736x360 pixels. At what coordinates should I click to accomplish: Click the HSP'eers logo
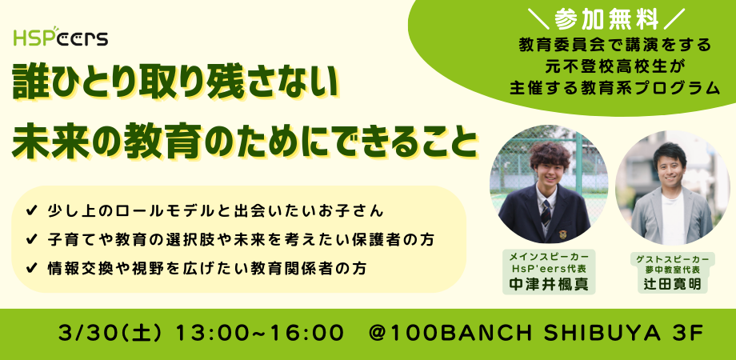[x=61, y=37]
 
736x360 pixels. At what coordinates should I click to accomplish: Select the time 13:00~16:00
[x=259, y=334]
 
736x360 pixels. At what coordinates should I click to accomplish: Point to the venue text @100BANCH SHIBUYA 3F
[x=536, y=334]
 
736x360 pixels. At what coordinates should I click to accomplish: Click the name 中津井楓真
[x=549, y=285]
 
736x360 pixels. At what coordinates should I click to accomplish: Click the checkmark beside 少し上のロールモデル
[x=32, y=211]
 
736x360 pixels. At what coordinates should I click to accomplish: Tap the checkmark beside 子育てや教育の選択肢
[x=32, y=240]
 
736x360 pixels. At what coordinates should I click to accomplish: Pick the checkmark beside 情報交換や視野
[x=32, y=269]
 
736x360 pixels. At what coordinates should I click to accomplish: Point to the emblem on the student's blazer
[x=562, y=234]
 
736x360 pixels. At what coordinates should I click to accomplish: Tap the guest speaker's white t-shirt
[x=673, y=218]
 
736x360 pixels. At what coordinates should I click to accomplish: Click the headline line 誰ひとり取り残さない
[x=176, y=83]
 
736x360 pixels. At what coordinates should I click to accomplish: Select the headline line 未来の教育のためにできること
[x=245, y=141]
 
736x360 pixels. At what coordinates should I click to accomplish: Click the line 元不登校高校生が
[x=615, y=66]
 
